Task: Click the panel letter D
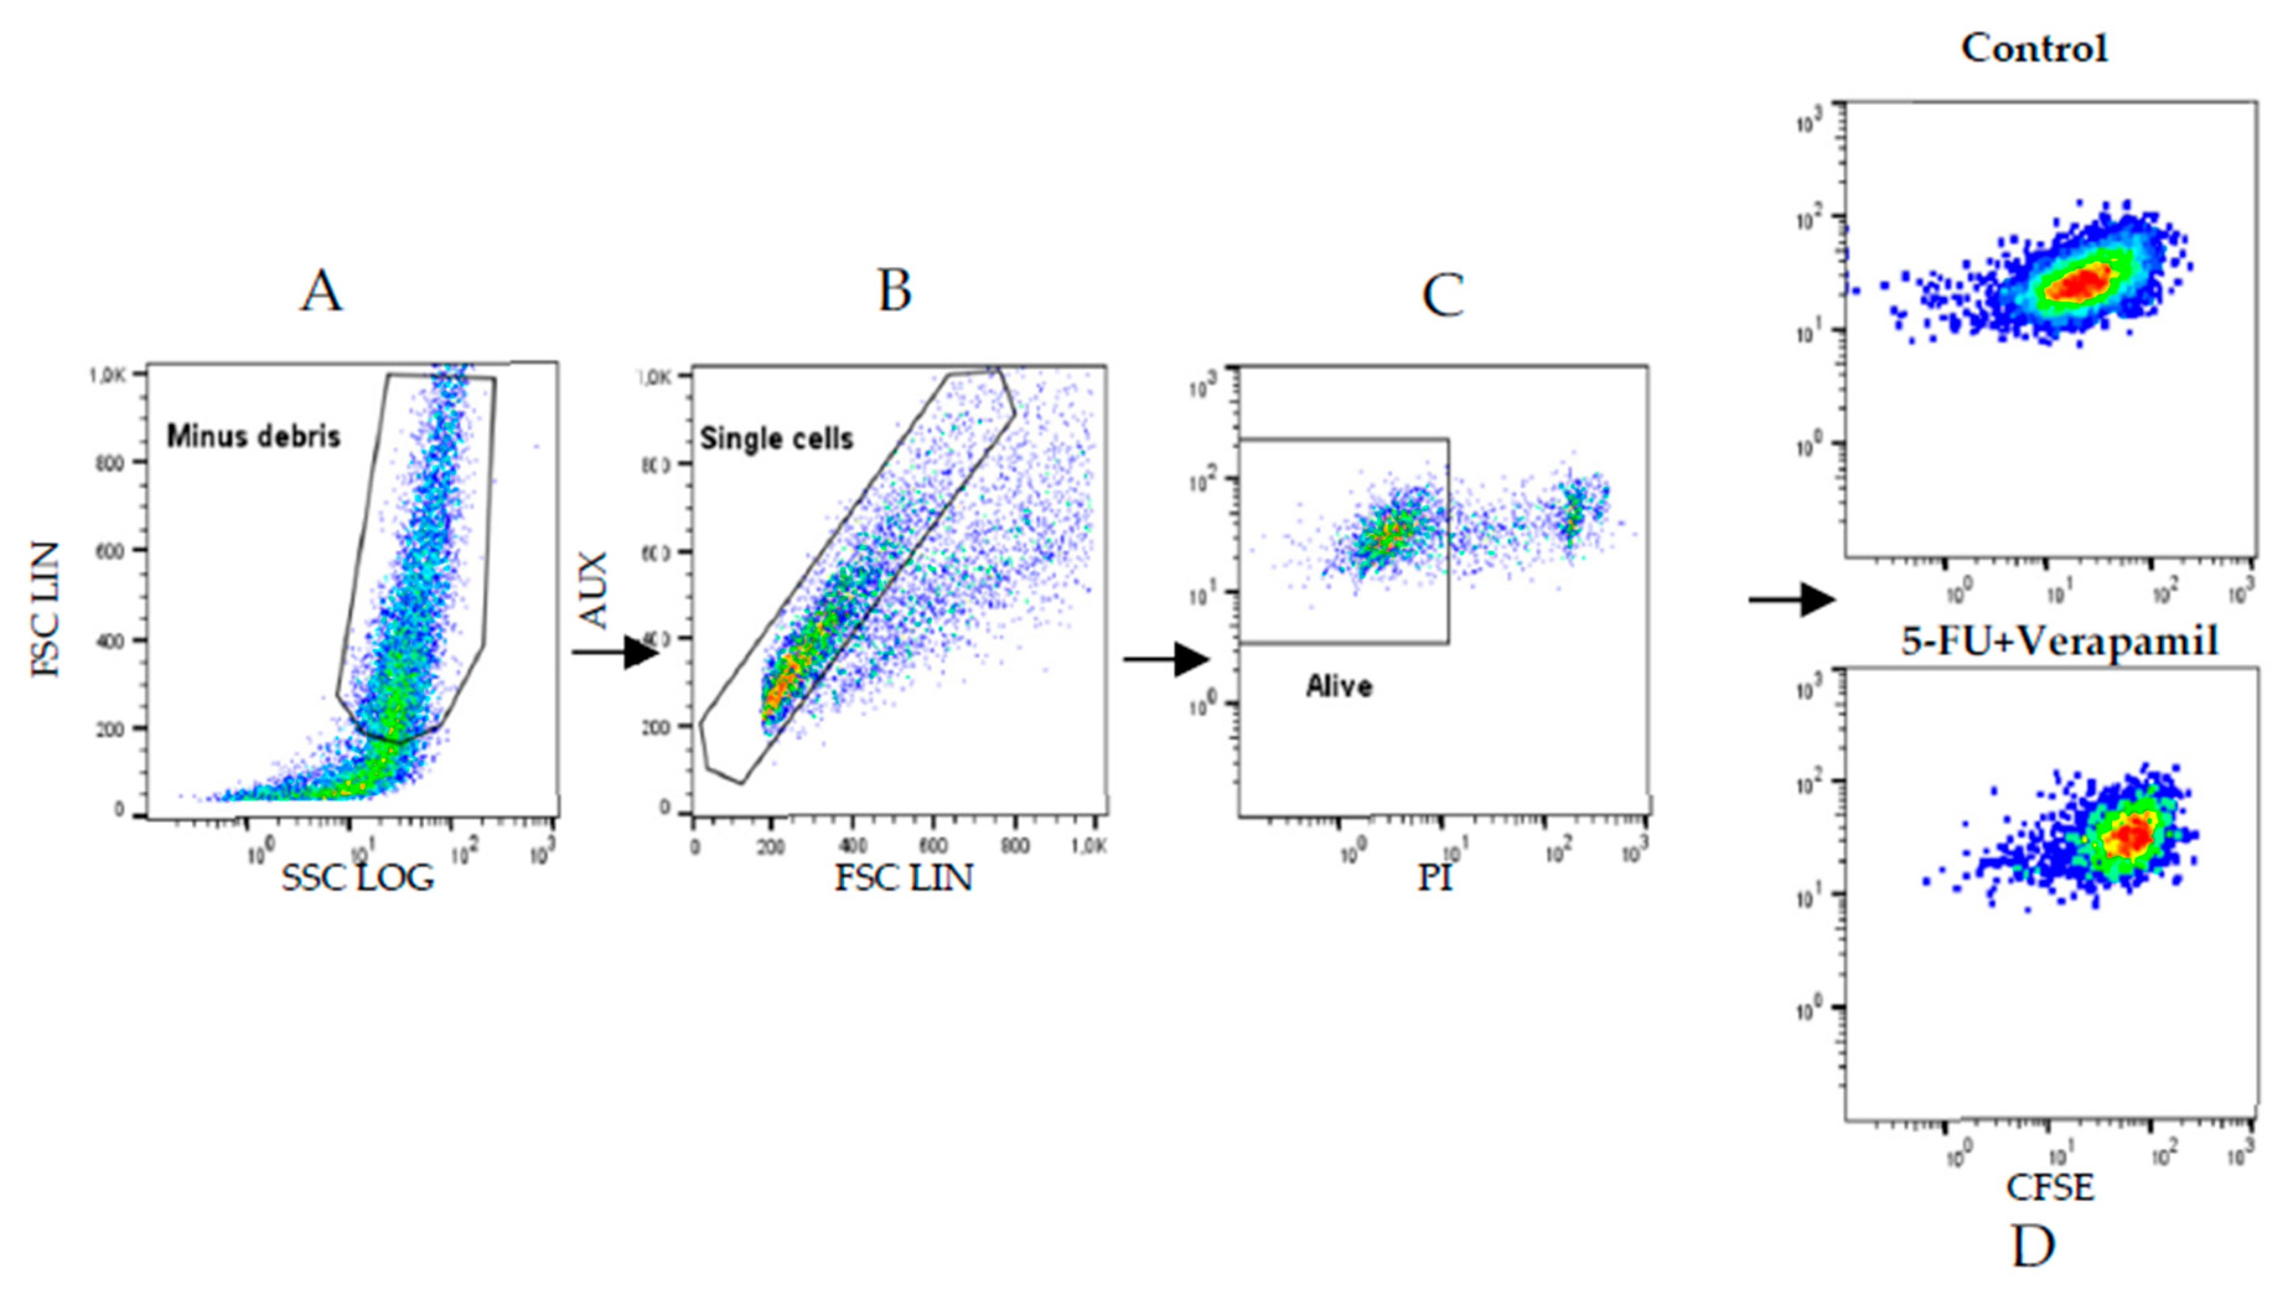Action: [2033, 1247]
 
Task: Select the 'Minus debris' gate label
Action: [253, 436]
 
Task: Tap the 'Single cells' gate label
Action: [776, 438]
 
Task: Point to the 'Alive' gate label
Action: [1339, 686]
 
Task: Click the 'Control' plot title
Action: [2035, 48]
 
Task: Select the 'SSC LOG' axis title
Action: [358, 879]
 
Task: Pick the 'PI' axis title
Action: [1434, 878]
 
